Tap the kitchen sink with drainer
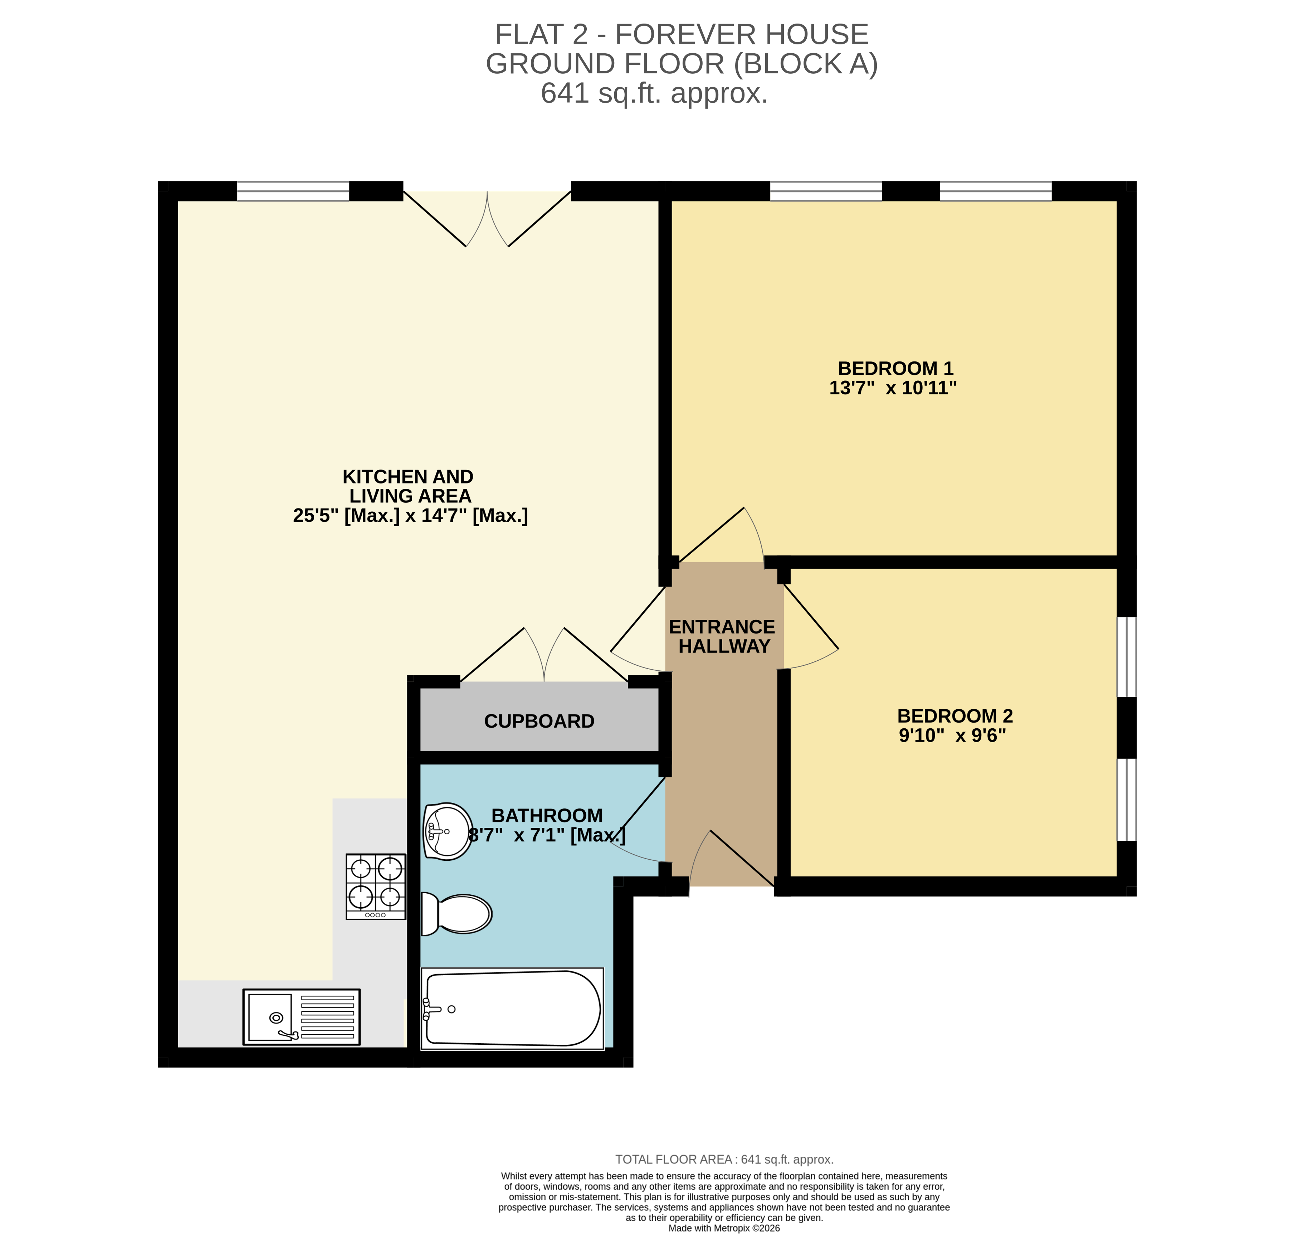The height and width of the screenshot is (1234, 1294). (301, 1016)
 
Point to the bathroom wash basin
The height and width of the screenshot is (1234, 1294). (447, 831)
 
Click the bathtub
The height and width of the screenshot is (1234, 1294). (512, 1009)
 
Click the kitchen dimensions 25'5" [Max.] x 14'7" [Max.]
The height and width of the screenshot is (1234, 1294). (410, 515)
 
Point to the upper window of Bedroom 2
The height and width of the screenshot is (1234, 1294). (1126, 656)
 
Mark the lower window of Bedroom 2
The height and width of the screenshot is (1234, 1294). (1126, 799)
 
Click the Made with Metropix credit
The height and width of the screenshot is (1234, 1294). (724, 1228)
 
